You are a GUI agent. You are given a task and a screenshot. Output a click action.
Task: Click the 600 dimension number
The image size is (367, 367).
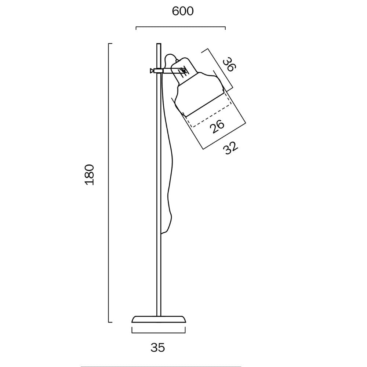pos(182,12)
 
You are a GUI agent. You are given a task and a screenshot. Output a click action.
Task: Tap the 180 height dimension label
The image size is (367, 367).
pos(90,175)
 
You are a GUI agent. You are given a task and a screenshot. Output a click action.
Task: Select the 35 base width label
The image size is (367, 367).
pos(158,347)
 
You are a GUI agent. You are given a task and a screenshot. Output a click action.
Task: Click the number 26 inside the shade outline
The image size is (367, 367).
pos(217,126)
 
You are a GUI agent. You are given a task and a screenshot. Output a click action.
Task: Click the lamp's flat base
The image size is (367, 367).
pos(159,319)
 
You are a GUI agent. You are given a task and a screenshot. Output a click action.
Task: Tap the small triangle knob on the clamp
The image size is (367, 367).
pos(152,70)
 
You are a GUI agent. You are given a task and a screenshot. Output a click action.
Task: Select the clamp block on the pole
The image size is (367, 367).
pos(159,70)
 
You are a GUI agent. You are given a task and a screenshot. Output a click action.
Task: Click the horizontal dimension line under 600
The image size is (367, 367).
pos(181,27)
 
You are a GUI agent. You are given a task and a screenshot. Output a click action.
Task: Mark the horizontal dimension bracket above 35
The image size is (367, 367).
pos(159,333)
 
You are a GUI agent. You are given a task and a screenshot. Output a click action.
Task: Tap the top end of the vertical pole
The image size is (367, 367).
pos(159,45)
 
